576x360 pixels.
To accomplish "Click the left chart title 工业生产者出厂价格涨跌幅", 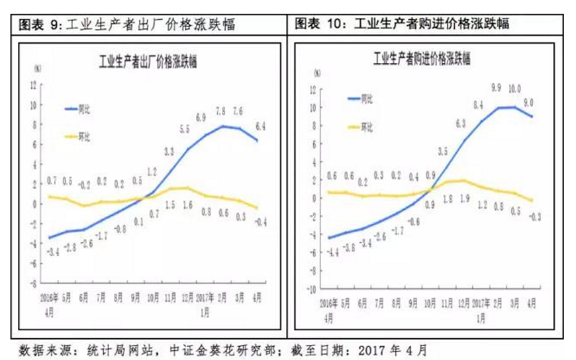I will (x=146, y=62).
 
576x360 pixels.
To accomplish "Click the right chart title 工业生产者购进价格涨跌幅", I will (x=421, y=59).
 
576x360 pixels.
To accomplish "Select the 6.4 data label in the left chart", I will (x=260, y=126).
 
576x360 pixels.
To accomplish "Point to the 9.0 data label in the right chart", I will (x=530, y=102).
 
